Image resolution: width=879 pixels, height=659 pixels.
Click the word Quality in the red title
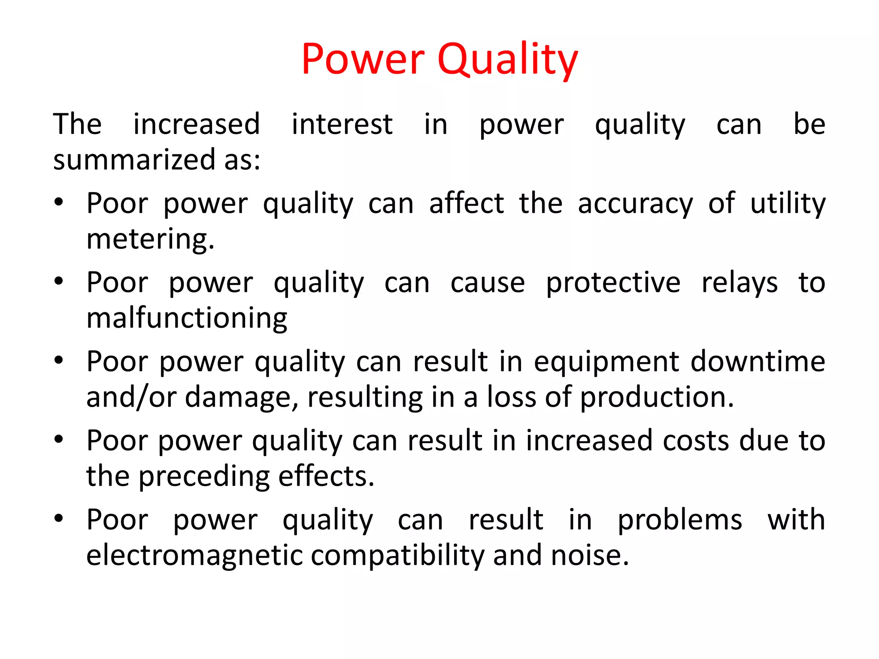(508, 60)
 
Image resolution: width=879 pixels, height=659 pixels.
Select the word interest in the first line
(342, 124)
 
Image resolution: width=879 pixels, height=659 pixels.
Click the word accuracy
(635, 204)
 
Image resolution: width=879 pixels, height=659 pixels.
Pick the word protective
(613, 283)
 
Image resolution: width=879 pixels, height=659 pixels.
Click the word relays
(739, 283)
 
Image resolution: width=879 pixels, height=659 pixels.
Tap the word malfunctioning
(187, 319)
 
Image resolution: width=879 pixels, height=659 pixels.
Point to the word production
(657, 397)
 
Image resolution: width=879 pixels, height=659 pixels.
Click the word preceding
(204, 477)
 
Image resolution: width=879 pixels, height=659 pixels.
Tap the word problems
(680, 520)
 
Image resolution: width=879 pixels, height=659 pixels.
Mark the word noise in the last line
(589, 556)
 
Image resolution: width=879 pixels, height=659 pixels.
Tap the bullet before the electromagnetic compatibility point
(59, 518)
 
